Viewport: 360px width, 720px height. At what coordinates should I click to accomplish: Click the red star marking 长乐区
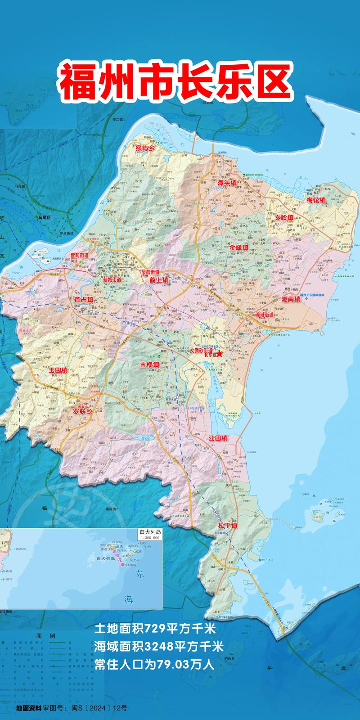(220, 354)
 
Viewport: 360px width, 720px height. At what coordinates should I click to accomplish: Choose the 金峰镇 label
(238, 248)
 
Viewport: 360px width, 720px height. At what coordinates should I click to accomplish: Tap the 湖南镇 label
(291, 298)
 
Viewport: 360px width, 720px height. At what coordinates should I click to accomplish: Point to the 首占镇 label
(84, 299)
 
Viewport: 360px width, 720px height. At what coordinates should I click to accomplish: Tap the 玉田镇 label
(58, 370)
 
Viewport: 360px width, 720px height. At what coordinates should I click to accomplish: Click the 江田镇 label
(218, 438)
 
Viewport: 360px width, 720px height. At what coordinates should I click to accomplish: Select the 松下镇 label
(227, 525)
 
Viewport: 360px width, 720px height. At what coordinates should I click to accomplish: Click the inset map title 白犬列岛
(150, 531)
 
